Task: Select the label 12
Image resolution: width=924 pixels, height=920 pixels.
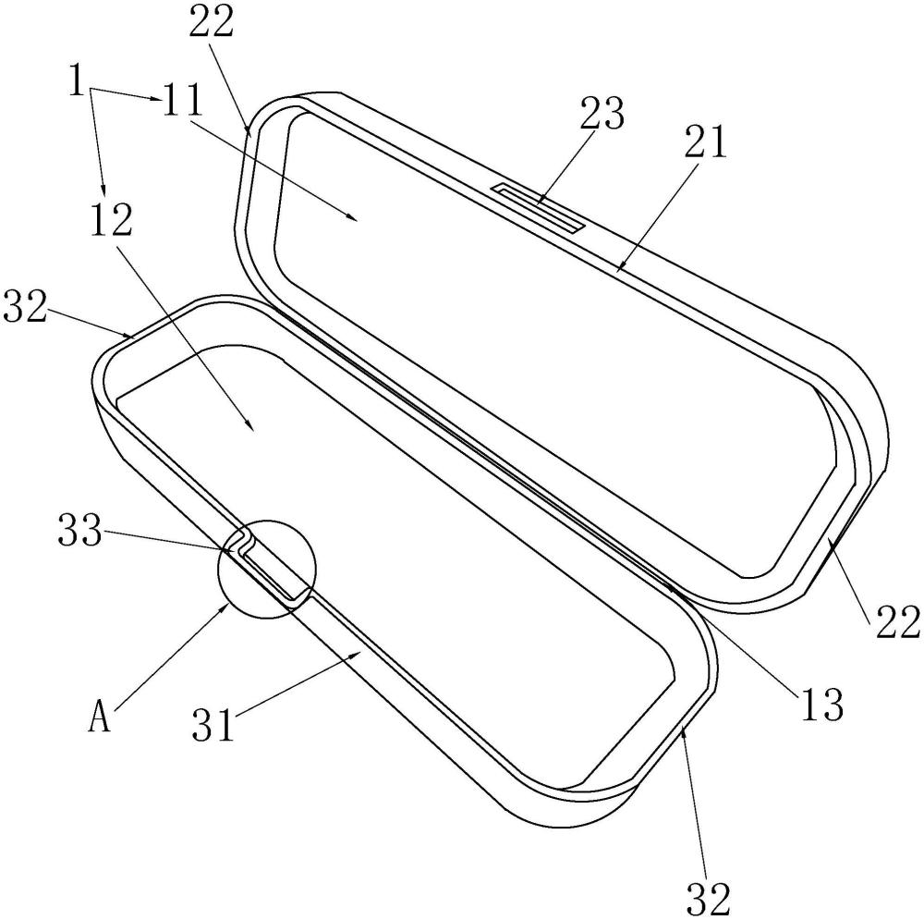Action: (110, 217)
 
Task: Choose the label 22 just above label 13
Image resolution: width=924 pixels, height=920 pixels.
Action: (894, 622)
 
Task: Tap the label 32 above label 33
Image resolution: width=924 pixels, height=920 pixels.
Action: (23, 304)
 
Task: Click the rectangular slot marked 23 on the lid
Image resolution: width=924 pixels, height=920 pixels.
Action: (539, 207)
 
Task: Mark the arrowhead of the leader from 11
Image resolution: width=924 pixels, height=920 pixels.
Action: (357, 218)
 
